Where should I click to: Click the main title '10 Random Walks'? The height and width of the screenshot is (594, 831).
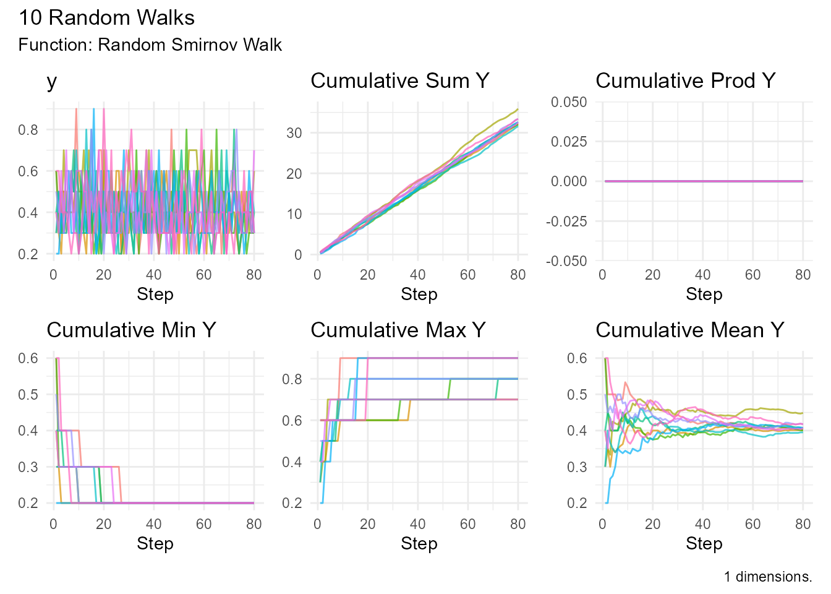(x=106, y=18)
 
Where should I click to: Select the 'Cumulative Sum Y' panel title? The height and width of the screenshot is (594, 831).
(x=399, y=81)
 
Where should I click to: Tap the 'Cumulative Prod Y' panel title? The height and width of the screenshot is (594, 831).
(x=685, y=81)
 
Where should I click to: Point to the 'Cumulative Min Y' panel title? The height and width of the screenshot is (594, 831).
(x=131, y=330)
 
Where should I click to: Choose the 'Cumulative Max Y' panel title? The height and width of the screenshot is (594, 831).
(x=398, y=330)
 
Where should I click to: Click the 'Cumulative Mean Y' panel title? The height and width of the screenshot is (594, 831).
(x=689, y=330)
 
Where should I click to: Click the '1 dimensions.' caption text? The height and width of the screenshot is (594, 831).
(x=767, y=577)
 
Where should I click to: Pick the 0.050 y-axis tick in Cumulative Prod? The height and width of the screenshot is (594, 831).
(x=569, y=101)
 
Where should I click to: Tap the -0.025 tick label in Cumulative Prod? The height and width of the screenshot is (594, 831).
(x=566, y=221)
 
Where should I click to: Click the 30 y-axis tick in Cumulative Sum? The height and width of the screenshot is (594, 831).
(x=294, y=133)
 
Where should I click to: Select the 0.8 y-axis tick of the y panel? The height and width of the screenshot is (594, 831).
(x=28, y=130)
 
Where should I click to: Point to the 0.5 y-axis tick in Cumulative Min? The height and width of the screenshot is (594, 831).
(x=28, y=395)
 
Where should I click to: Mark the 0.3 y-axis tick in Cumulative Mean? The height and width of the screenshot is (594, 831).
(x=577, y=467)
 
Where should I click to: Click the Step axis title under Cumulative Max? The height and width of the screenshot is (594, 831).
(x=419, y=544)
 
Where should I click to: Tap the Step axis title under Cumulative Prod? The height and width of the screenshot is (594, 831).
(x=704, y=295)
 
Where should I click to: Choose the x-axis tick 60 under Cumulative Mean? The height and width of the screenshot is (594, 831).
(x=752, y=525)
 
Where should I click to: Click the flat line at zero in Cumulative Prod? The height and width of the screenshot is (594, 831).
(x=704, y=181)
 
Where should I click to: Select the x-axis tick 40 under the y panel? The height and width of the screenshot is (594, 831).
(x=153, y=275)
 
